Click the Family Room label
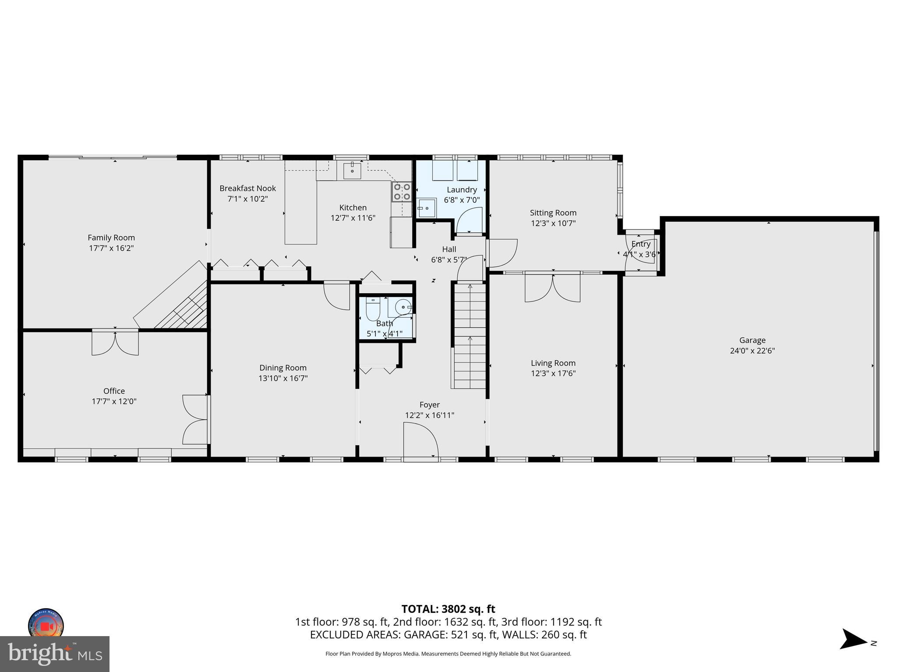click(x=111, y=238)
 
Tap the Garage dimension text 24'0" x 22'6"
click(x=752, y=350)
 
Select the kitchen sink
click(x=352, y=171)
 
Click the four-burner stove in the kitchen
click(x=402, y=192)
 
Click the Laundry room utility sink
click(x=426, y=208)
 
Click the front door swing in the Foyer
click(x=420, y=440)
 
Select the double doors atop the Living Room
click(x=553, y=287)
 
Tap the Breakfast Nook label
click(x=247, y=188)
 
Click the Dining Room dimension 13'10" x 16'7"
click(x=283, y=378)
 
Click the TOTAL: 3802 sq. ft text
click(x=448, y=609)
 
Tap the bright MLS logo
click(x=55, y=654)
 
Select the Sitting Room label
click(x=553, y=213)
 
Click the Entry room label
click(x=640, y=244)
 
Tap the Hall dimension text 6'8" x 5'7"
click(x=449, y=259)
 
